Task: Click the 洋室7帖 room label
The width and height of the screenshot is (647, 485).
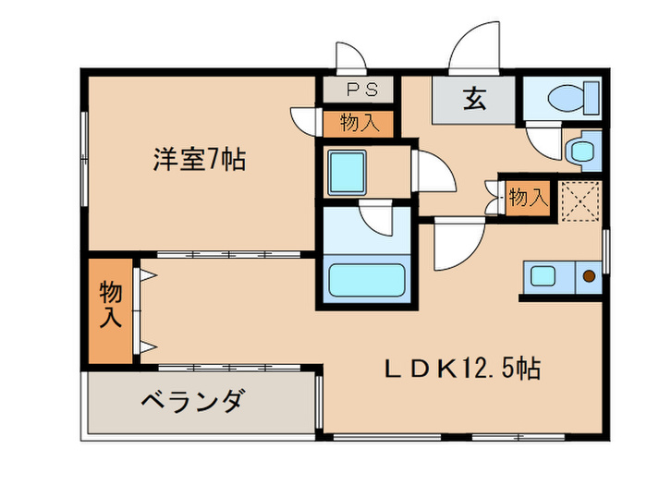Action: (199, 159)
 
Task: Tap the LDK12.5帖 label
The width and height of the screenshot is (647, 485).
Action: (462, 370)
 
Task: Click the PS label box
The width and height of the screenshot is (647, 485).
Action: (357, 90)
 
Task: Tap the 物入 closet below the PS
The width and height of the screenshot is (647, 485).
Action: (357, 123)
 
